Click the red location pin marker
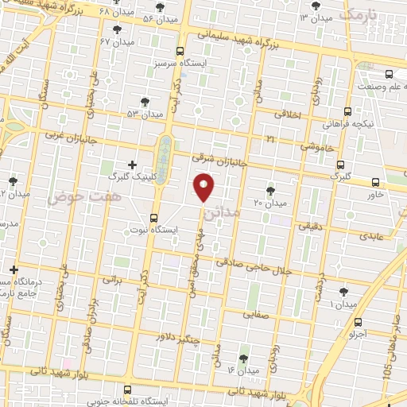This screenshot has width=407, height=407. click(204, 187)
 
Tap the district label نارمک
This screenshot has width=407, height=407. click(355, 14)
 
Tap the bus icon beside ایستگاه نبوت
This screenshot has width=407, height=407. click(153, 216)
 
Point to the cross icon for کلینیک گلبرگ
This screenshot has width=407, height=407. click(132, 164)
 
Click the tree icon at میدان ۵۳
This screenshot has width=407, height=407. click(145, 102)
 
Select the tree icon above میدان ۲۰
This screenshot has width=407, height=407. click(271, 190)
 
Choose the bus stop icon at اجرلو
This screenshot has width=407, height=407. click(359, 323)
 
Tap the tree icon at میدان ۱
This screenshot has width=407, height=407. click(343, 292)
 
